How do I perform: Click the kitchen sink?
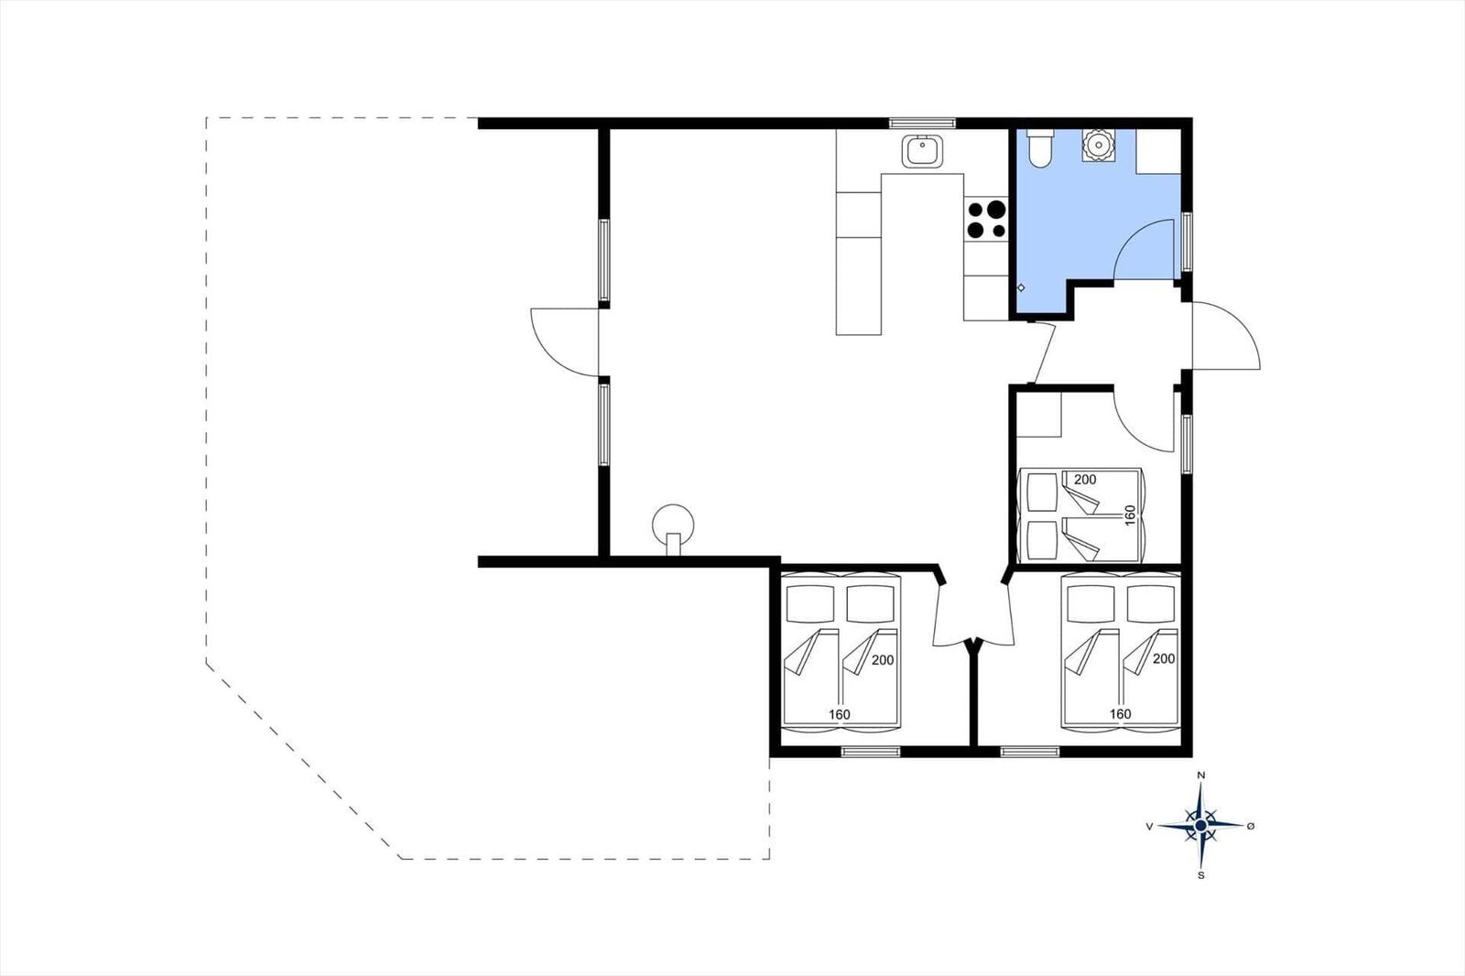[x=923, y=151]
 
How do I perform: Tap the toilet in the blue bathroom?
[x=1039, y=147]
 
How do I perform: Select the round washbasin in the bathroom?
[x=1098, y=146]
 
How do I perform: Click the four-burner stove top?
[x=986, y=219]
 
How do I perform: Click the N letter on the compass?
[x=1200, y=775]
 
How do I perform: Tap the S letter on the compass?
[x=1200, y=875]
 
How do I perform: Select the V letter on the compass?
[x=1149, y=826]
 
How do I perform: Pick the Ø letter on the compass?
[x=1251, y=826]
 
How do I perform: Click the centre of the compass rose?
[x=1200, y=826]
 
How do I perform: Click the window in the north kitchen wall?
[x=922, y=123]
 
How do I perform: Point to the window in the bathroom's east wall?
[x=1187, y=242]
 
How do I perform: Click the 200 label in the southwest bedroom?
[x=883, y=660]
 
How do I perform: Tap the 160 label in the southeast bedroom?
[x=1121, y=713]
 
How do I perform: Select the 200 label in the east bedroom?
[x=1085, y=480]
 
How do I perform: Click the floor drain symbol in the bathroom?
[x=1021, y=287]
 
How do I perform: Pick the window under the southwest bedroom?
[x=871, y=752]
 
